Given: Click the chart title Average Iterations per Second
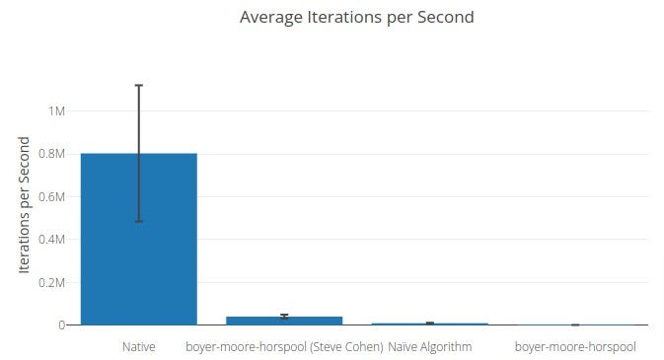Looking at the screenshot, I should [x=356, y=17].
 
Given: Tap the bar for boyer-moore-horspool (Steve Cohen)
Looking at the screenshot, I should [x=284, y=321].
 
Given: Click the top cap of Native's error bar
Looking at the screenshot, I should [x=139, y=86].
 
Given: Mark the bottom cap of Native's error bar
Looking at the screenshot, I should [x=139, y=221].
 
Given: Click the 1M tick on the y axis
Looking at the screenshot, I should [x=56, y=111].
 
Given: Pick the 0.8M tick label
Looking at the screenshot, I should [x=49, y=154].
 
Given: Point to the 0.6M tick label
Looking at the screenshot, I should [x=49, y=196].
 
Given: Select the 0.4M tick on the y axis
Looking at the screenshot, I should [x=49, y=240].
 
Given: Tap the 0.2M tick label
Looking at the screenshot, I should [x=49, y=282].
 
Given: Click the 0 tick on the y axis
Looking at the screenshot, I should [x=61, y=324].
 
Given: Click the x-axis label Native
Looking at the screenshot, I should [x=139, y=347].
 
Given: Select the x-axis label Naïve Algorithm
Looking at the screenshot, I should [x=429, y=347].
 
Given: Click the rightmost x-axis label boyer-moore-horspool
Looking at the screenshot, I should [x=575, y=347].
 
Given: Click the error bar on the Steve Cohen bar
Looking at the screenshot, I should [x=284, y=316].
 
